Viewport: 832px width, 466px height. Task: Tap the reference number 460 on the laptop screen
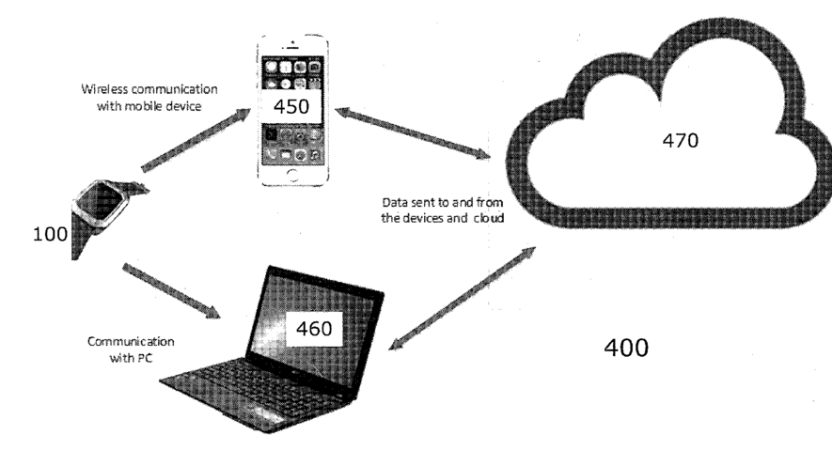pos(314,330)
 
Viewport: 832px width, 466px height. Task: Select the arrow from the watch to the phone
pos(198,141)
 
